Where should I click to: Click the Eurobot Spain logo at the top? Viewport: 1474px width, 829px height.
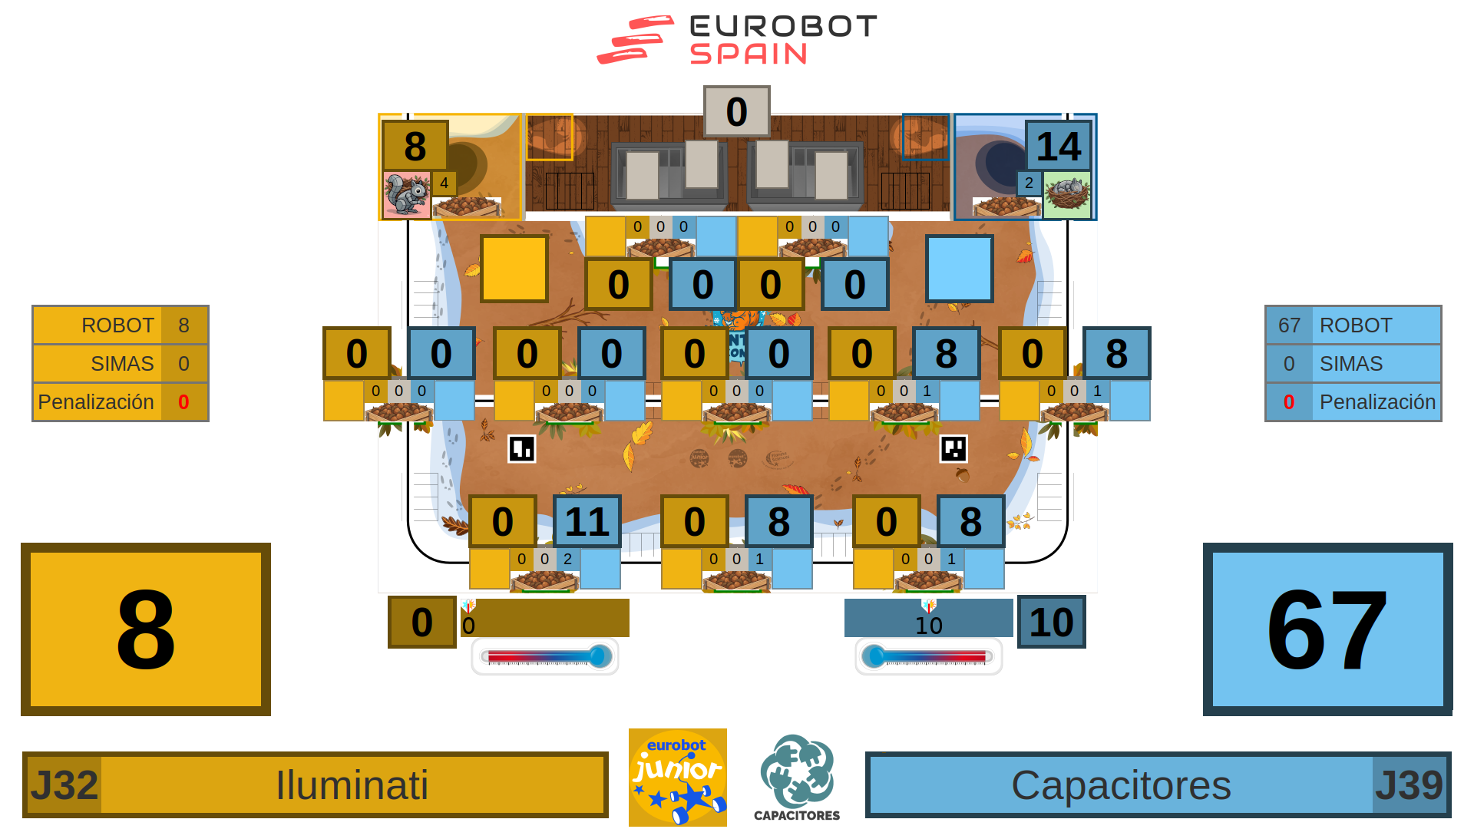tap(737, 40)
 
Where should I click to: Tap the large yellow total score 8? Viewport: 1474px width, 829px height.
tap(146, 629)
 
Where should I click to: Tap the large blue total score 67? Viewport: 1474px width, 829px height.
tap(1327, 629)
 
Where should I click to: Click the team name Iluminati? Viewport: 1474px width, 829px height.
tap(352, 785)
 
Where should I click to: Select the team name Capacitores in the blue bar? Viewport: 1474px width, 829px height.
tap(1121, 785)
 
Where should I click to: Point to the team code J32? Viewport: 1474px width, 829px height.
tap(64, 785)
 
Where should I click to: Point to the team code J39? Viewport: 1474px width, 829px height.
tap(1409, 785)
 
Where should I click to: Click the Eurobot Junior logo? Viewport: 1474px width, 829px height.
tap(677, 777)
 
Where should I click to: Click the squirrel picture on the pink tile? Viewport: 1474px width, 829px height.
tap(406, 195)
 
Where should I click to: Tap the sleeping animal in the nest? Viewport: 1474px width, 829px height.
tap(1067, 193)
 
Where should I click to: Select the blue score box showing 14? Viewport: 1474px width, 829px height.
tap(1058, 146)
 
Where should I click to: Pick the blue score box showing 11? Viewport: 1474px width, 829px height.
tap(587, 521)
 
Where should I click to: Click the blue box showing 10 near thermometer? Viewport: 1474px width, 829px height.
tap(1051, 622)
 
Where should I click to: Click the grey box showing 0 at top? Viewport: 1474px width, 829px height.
tap(736, 111)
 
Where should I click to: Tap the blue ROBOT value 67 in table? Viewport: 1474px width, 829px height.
tap(1289, 325)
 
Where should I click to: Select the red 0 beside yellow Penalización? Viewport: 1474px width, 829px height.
tap(183, 402)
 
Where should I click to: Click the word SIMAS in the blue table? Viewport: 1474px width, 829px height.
tap(1350, 364)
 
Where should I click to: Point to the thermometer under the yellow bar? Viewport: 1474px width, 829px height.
tap(545, 656)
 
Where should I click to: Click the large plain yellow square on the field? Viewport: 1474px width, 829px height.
tap(514, 269)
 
